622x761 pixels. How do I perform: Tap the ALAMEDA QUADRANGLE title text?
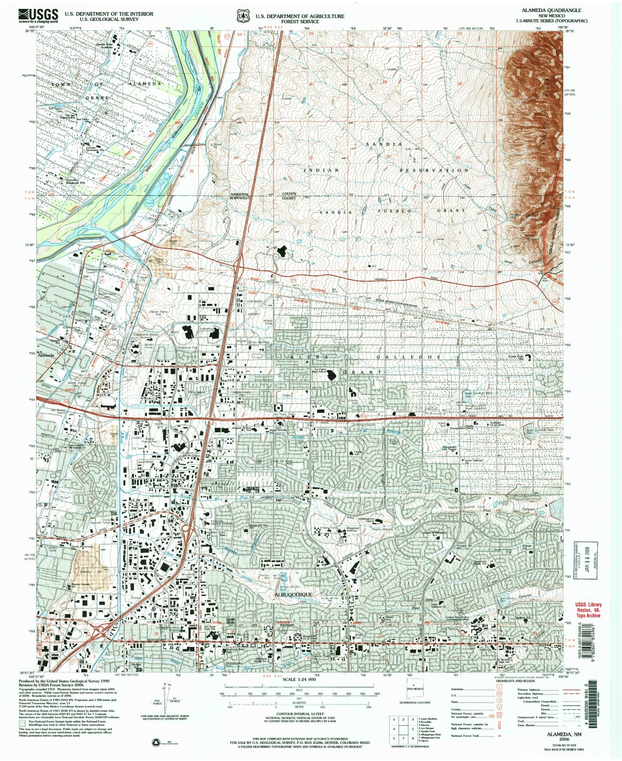coord(561,10)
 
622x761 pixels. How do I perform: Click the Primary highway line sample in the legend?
coord(570,689)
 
